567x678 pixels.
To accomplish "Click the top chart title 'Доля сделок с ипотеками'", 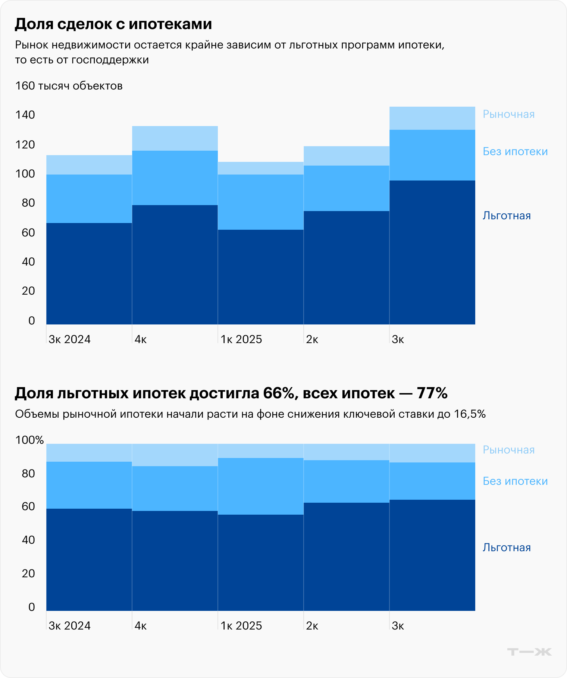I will (x=113, y=24).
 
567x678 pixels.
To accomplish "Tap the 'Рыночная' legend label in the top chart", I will (x=508, y=114).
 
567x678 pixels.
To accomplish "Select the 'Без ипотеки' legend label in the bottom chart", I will (x=515, y=481).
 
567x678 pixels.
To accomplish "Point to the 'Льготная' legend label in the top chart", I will (x=507, y=216).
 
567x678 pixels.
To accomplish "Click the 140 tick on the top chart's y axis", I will (x=25, y=115).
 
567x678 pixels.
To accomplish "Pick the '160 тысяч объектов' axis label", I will (x=69, y=86).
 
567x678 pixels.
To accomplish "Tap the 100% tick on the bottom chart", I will (x=29, y=440).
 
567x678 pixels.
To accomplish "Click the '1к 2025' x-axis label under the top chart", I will (x=241, y=339).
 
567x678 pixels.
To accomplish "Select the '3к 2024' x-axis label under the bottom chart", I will (x=69, y=626).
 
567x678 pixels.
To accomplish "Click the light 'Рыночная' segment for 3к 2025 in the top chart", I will (x=432, y=118).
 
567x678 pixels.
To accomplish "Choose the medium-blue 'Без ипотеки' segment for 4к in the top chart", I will (x=175, y=178).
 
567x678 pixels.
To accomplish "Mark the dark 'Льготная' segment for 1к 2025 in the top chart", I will (x=260, y=277).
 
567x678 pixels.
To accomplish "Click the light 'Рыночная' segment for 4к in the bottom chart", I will (x=175, y=455).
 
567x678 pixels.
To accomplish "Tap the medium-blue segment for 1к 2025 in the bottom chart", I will (x=260, y=486).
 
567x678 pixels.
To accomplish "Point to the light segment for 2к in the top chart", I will (x=346, y=156).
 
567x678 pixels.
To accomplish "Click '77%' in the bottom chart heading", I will (x=432, y=393).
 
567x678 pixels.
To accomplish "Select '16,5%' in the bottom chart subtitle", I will (x=470, y=414).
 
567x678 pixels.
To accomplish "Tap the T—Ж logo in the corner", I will (x=529, y=652).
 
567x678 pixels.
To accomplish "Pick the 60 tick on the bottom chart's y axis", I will (x=28, y=506).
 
